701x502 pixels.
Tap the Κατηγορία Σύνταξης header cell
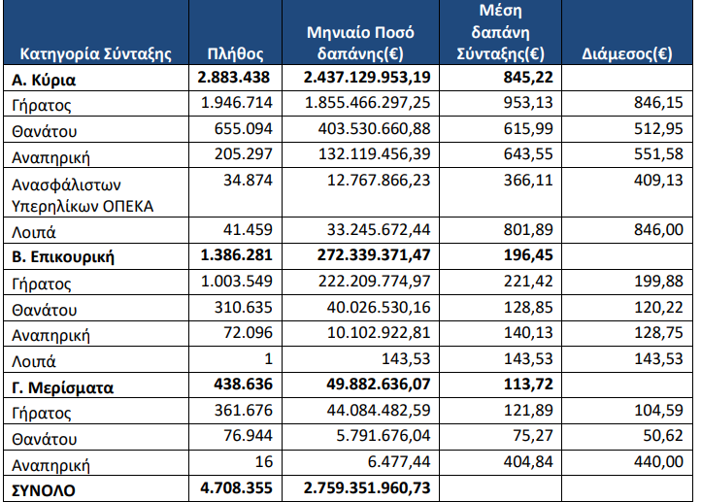95,53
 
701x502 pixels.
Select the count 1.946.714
236,104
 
